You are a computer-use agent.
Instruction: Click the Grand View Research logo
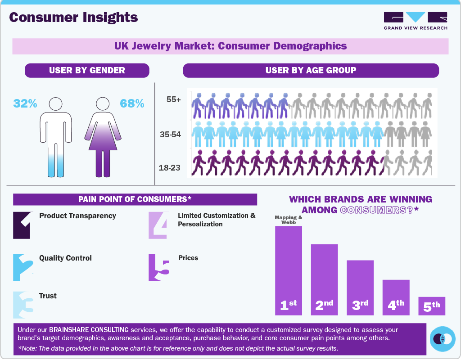click(415, 21)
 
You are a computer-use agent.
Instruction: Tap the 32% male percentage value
click(25, 103)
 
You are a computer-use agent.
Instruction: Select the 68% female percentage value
click(132, 103)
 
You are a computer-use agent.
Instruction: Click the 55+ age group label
click(173, 100)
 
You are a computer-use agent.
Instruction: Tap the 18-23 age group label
click(169, 168)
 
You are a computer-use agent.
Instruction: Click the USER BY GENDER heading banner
click(87, 70)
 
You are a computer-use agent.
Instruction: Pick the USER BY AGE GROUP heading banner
click(311, 70)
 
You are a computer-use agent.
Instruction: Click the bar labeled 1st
click(288, 270)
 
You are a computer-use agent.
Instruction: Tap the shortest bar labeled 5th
click(432, 306)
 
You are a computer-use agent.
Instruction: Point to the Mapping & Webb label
click(289, 220)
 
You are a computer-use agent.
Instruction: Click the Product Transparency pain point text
click(77, 216)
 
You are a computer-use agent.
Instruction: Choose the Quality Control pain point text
click(65, 258)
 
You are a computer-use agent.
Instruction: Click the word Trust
click(48, 296)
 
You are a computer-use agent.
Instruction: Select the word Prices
click(188, 258)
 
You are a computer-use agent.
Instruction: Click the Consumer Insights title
click(73, 17)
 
